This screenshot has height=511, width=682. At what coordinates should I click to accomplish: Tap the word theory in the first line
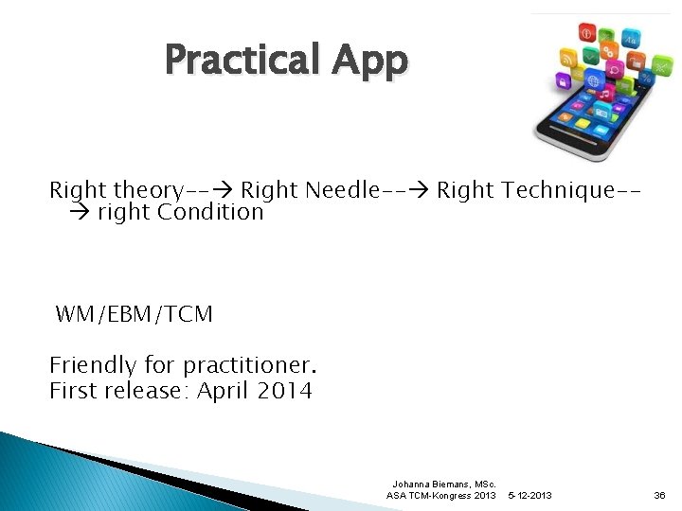pos(148,190)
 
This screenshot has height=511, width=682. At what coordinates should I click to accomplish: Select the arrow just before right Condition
pos(81,212)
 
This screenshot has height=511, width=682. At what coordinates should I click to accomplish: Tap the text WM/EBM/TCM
pos(135,314)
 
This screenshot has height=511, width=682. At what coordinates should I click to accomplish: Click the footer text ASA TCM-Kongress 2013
pos(440,496)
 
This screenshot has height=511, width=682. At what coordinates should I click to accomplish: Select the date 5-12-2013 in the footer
pos(530,496)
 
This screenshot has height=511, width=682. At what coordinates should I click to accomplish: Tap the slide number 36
pos(659,496)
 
